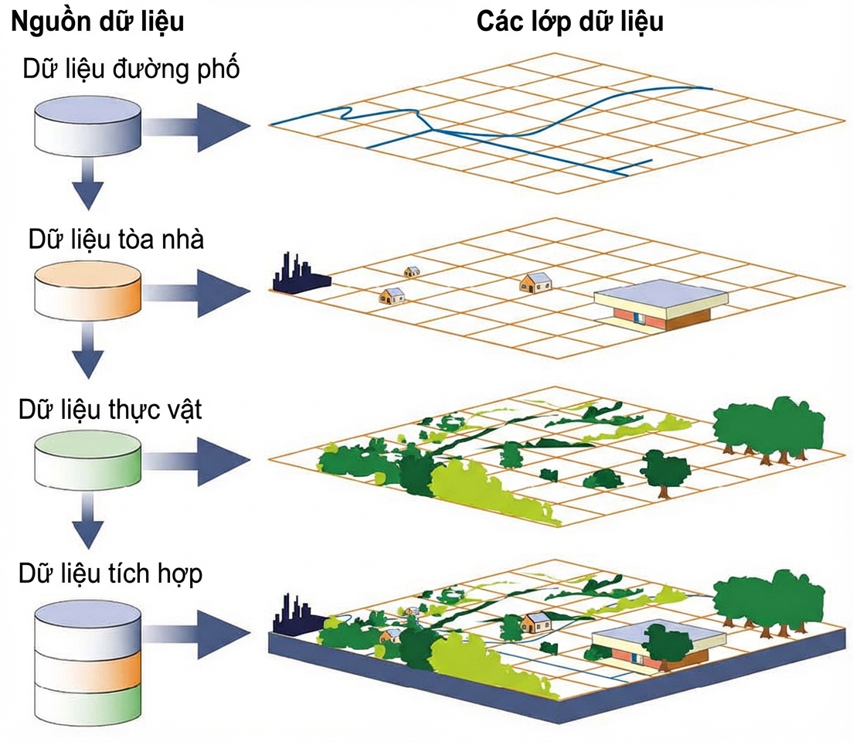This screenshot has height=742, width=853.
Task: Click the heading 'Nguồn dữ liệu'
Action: point(97,22)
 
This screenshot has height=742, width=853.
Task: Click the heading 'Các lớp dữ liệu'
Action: point(569,22)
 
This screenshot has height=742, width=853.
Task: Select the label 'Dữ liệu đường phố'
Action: point(131,70)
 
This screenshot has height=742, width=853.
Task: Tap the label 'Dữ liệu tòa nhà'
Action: point(117,240)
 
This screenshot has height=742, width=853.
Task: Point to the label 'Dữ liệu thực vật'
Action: point(110,410)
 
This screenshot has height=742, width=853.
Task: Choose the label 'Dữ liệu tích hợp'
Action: point(110,574)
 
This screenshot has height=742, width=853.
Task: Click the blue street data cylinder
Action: point(87,126)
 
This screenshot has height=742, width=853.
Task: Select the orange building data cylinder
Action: point(87,292)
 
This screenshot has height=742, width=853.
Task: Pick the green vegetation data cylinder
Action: point(87,461)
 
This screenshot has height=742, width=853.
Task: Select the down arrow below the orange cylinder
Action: point(87,351)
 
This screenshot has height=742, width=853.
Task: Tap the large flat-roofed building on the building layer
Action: point(661,305)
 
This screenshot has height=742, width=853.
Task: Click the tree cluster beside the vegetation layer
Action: point(769,430)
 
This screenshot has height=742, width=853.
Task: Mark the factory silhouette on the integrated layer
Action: point(299,617)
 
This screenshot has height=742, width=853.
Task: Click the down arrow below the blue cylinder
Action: point(87,183)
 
